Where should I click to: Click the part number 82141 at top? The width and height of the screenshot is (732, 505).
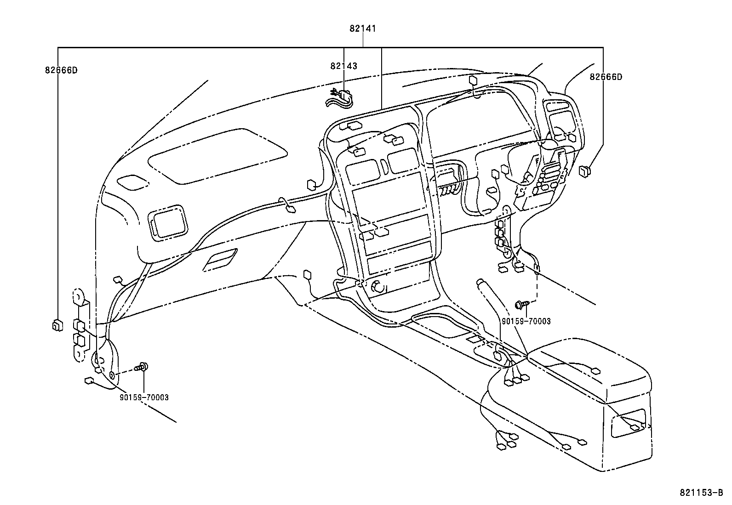point(363,28)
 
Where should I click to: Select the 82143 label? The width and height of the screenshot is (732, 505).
point(343,66)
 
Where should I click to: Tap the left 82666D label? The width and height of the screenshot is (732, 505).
point(61,70)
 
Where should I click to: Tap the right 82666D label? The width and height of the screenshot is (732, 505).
point(606,77)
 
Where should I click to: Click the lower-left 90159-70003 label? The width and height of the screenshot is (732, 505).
point(144,397)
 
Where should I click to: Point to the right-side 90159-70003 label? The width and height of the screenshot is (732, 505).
point(526,322)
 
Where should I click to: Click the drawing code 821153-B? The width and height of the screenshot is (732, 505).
point(702,493)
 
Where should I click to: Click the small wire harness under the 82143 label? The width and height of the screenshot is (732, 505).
point(339,98)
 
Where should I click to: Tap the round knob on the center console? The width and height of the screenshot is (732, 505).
point(379,287)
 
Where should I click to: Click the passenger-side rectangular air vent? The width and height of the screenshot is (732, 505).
point(168,222)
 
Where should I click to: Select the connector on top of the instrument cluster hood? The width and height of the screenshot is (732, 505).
point(473,80)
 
